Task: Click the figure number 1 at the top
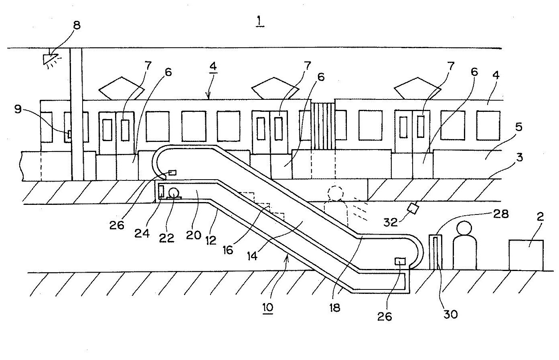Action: pos(260,20)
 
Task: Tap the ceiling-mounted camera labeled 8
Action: pos(51,59)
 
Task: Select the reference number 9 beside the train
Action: pos(18,109)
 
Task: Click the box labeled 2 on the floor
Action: pos(526,255)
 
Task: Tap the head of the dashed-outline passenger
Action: pos(335,193)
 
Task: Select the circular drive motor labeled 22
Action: pos(174,193)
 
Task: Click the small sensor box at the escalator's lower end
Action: pos(400,261)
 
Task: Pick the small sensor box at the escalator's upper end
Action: pos(172,172)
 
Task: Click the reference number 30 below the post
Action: pos(450,314)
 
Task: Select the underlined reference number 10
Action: pos(267,307)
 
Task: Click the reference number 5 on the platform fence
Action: pos(518,128)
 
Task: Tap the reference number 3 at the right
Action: pos(519,157)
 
